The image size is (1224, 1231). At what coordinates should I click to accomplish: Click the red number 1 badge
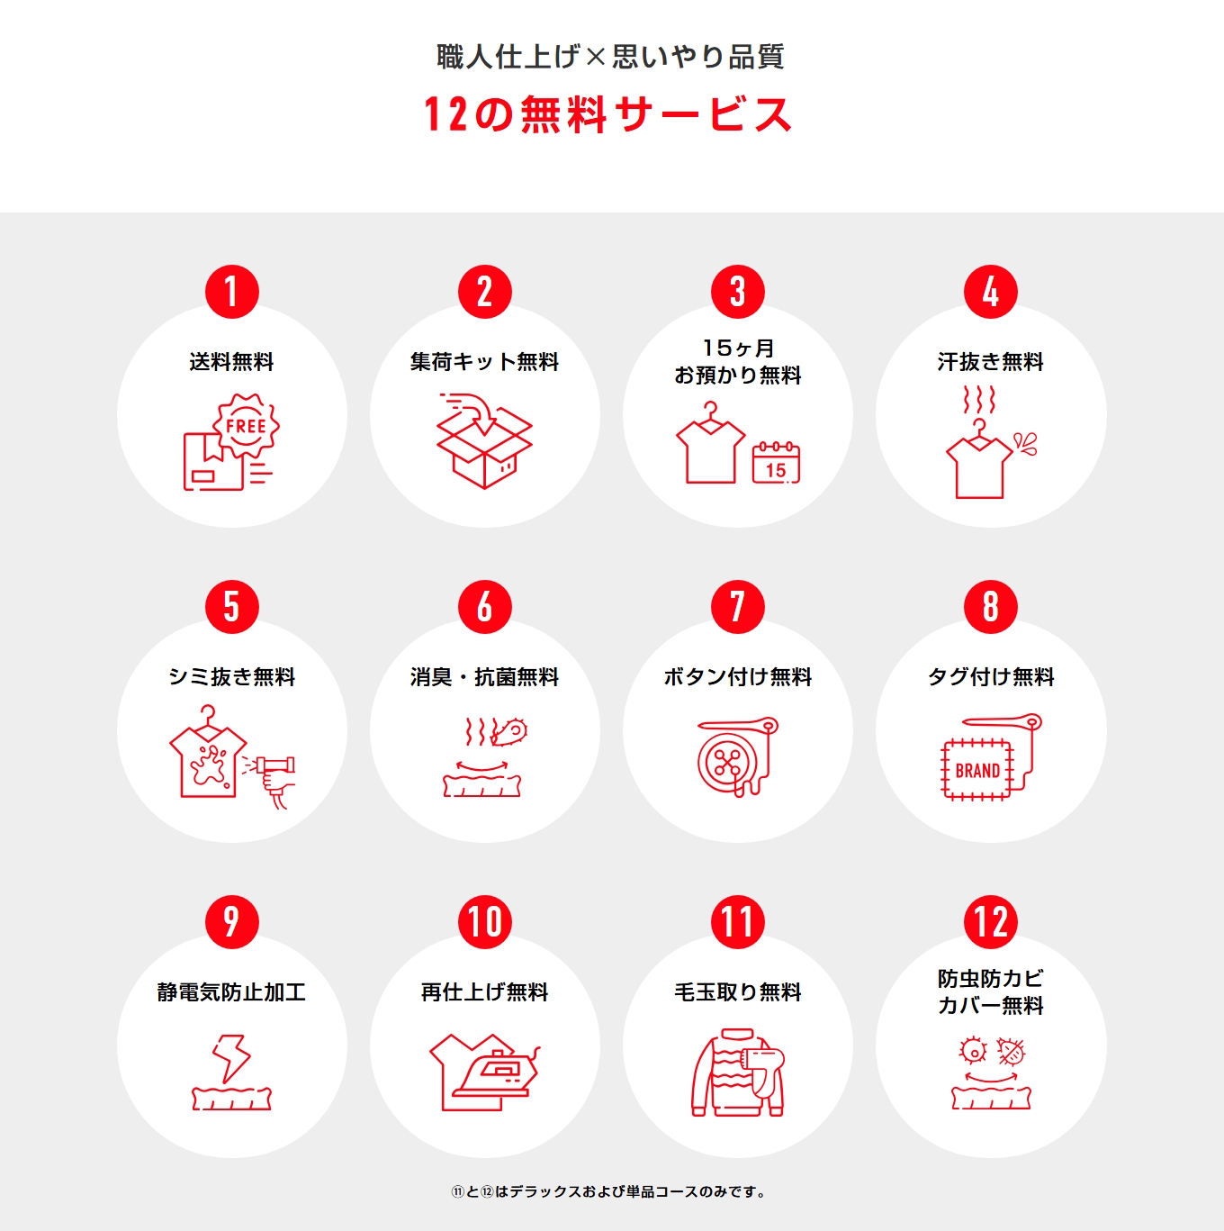pos(232,292)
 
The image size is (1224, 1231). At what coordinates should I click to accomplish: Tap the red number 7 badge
pos(737,607)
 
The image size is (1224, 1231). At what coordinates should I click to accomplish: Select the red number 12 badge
pos(990,922)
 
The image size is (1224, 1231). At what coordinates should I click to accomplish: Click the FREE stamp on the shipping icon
pos(246,426)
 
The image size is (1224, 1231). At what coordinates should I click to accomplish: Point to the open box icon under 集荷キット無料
pos(484,440)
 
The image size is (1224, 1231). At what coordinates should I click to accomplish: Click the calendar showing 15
pos(776,463)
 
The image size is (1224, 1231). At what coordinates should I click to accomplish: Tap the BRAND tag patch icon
pos(976,770)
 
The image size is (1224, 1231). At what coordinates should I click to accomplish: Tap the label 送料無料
pos(231,362)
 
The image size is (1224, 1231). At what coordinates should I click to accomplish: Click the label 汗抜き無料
pos(990,362)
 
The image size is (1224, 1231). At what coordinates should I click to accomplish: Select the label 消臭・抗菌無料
pos(484,677)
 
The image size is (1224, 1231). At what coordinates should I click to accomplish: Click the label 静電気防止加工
pos(231,992)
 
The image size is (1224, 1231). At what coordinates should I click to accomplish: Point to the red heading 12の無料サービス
pos(607,115)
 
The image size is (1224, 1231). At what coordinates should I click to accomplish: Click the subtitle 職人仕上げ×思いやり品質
pos(610,57)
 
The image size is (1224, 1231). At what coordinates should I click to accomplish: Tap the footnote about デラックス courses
pos(609,1192)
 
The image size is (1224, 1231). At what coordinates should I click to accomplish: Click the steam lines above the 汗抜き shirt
pos(979,400)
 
